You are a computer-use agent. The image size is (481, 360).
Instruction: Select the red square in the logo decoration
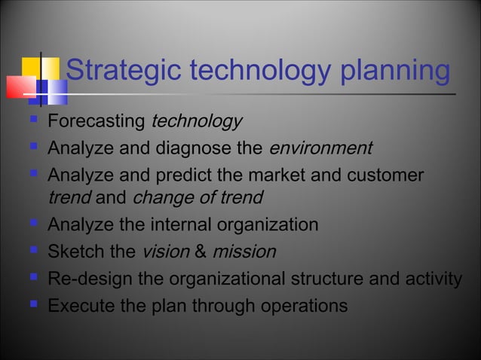click(21, 87)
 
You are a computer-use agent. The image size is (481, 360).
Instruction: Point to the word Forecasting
click(97, 122)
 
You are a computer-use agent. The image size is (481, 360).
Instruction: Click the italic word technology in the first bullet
click(197, 122)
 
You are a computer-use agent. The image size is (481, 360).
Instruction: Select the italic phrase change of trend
click(198, 199)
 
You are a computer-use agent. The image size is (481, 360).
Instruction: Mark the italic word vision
click(162, 252)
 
